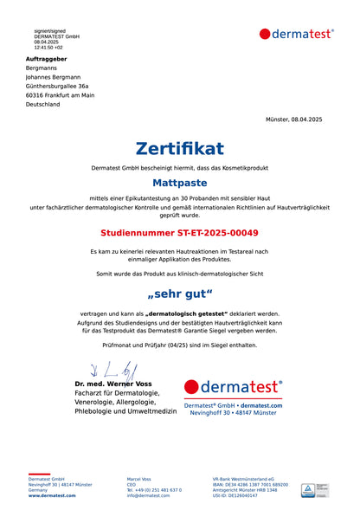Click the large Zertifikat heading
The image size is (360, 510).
(180, 148)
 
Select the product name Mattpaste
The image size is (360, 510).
(180, 183)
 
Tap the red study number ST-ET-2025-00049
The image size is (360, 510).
(180, 233)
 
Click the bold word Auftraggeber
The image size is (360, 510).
(46, 59)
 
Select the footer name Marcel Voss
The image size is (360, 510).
(138, 478)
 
